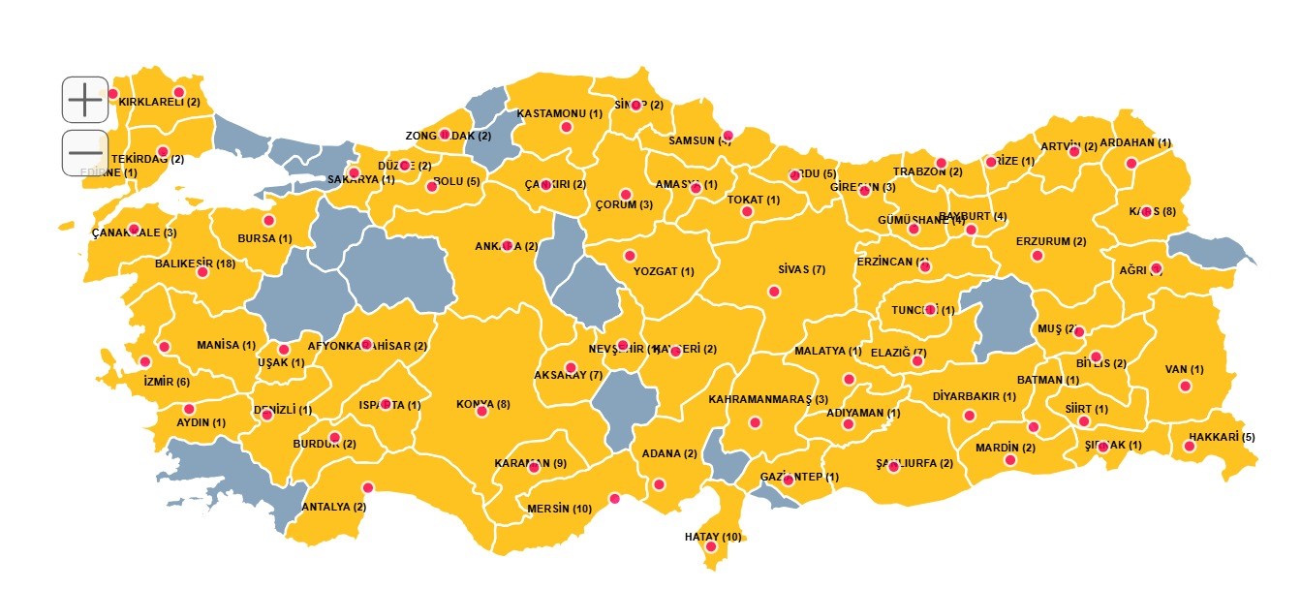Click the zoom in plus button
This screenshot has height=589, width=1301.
[85, 100]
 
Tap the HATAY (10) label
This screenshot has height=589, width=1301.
[712, 537]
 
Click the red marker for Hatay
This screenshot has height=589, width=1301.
[711, 547]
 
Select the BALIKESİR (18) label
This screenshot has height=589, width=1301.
[195, 263]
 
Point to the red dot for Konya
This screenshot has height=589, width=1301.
[481, 412]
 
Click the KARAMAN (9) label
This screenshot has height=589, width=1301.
[530, 463]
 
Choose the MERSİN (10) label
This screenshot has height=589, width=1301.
[559, 509]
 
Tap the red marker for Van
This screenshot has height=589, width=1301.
[1185, 387]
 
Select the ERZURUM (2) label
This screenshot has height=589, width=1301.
[1051, 241]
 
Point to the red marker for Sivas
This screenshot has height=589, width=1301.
[774, 291]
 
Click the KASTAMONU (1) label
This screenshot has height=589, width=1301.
[560, 113]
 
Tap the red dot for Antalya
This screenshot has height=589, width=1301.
[367, 488]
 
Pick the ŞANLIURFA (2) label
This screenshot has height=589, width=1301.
[914, 463]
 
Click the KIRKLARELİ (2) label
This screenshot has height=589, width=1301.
[160, 102]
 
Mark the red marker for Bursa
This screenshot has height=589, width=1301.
[269, 221]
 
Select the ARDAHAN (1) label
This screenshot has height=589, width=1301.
[1135, 142]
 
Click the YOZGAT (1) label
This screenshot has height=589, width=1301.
[664, 271]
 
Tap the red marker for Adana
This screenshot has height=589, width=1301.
[660, 484]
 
